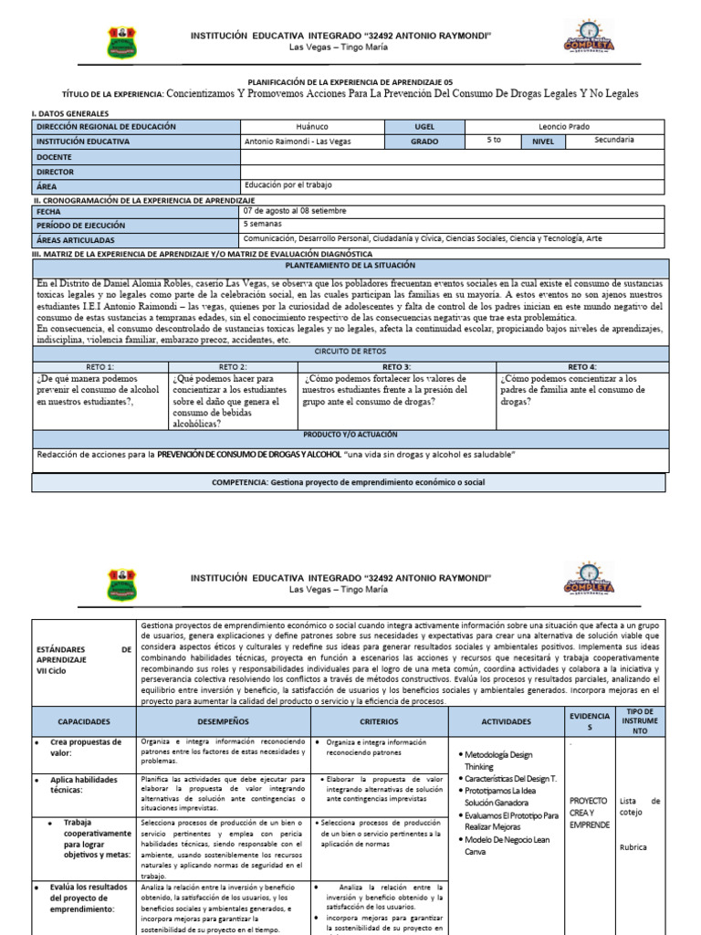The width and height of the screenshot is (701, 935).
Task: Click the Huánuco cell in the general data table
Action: (x=313, y=127)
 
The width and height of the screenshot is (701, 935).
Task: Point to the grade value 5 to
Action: (x=494, y=140)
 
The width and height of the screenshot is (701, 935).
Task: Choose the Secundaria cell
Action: (x=613, y=140)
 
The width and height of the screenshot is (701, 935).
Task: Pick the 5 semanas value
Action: (x=263, y=223)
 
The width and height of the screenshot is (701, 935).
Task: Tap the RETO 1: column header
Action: (x=99, y=365)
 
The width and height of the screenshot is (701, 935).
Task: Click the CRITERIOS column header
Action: (x=380, y=720)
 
